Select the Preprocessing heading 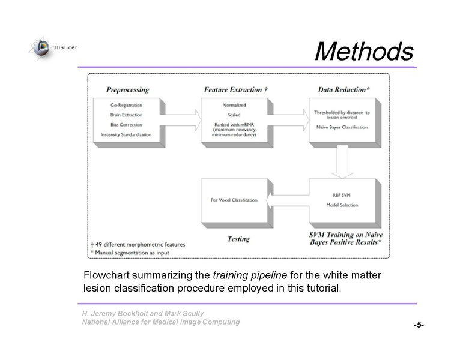127,90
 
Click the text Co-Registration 126,105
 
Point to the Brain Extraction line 126,115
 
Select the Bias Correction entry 126,125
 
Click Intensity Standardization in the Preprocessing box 126,134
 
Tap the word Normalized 234,105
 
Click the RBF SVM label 342,195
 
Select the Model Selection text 342,205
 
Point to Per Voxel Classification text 234,200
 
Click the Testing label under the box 238,239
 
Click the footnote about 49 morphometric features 138,244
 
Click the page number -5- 419,325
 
